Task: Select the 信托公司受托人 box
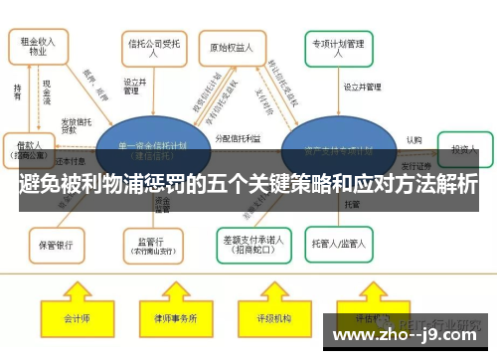point(153,48)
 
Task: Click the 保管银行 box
point(58,243)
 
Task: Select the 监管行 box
point(153,242)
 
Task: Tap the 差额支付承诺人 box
point(252,241)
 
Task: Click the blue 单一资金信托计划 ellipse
point(152,149)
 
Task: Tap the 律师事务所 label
point(175,318)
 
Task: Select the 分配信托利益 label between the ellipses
point(240,139)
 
